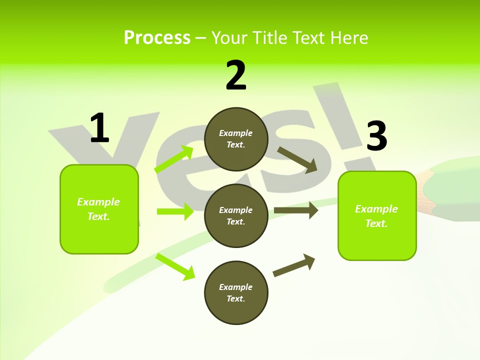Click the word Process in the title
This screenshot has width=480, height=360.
coord(157,38)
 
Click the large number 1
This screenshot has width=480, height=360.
coord(99,128)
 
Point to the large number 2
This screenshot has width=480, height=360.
coord(236,75)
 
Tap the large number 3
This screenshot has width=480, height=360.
coord(376,136)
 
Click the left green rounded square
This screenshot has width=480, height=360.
coord(99,209)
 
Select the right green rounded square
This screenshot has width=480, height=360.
coord(377,215)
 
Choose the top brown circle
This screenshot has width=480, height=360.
coord(236,139)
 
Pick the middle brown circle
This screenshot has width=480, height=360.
coord(236,215)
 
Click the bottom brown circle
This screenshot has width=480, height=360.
coord(236,292)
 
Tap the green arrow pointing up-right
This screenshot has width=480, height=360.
coord(174,159)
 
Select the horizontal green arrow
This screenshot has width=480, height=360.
coord(175,211)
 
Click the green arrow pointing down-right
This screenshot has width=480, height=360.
coord(175,266)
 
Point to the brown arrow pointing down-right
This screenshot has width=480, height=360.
coord(297,159)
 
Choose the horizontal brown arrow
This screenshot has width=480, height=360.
coord(296,210)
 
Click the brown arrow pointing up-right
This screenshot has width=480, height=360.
coord(294,265)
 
